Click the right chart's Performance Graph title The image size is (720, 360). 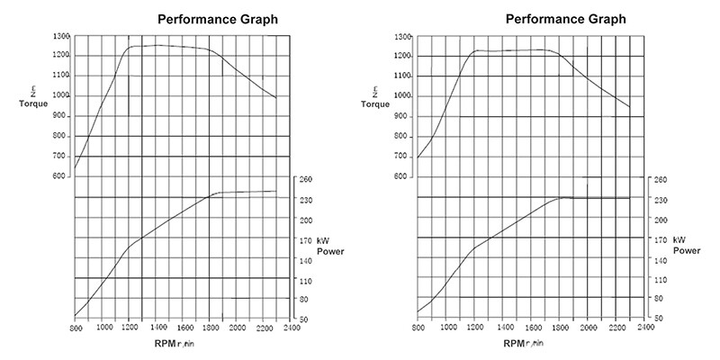click(x=566, y=18)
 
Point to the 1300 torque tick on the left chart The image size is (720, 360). click(x=61, y=36)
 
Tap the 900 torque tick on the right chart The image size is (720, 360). click(x=404, y=117)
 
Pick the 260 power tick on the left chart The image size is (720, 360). click(x=306, y=180)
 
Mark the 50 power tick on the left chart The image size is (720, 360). click(x=304, y=319)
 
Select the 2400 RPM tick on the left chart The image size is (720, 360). click(x=290, y=328)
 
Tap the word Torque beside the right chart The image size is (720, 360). click(x=376, y=103)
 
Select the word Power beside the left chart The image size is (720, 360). click(x=329, y=250)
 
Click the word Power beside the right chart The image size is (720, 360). click(x=686, y=250)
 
